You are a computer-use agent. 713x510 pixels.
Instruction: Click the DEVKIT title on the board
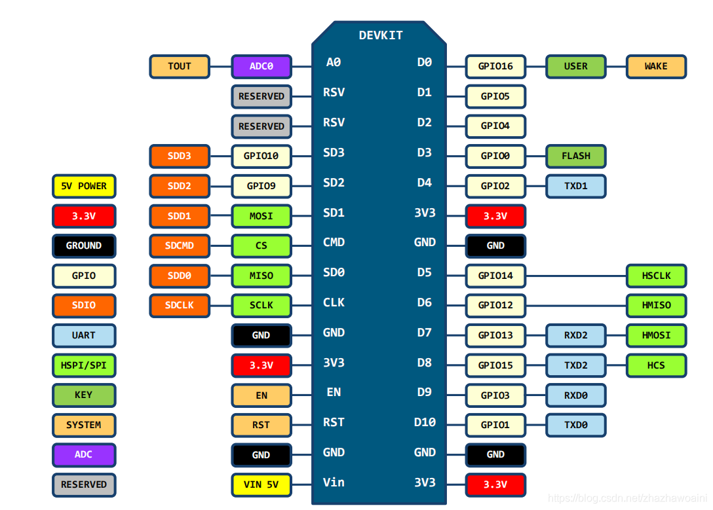(381, 35)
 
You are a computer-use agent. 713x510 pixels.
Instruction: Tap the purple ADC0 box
(261, 66)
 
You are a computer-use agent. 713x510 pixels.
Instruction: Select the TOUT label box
(180, 66)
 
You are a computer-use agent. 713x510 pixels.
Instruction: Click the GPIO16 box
(495, 66)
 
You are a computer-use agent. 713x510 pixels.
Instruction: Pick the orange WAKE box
(656, 66)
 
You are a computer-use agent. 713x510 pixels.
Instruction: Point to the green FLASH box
(575, 156)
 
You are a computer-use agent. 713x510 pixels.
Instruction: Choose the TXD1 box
(575, 186)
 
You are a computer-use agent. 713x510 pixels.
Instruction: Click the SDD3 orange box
(180, 156)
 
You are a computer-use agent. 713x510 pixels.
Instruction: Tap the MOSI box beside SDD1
(261, 216)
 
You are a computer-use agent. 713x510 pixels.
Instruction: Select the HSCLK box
(656, 276)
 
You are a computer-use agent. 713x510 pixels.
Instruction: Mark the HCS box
(656, 365)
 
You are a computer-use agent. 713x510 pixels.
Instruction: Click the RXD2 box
(575, 335)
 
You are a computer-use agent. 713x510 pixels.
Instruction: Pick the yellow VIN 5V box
(261, 485)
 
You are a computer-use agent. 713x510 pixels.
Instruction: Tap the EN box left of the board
(261, 395)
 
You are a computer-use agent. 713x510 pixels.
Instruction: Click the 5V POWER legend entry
(84, 186)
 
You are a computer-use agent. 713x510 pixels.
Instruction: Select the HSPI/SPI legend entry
(84, 365)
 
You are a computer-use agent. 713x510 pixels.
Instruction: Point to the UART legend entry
(84, 335)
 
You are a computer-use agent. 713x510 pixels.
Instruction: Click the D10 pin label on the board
(425, 422)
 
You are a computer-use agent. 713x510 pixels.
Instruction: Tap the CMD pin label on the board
(334, 242)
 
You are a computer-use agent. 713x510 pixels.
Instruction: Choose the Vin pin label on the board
(334, 483)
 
